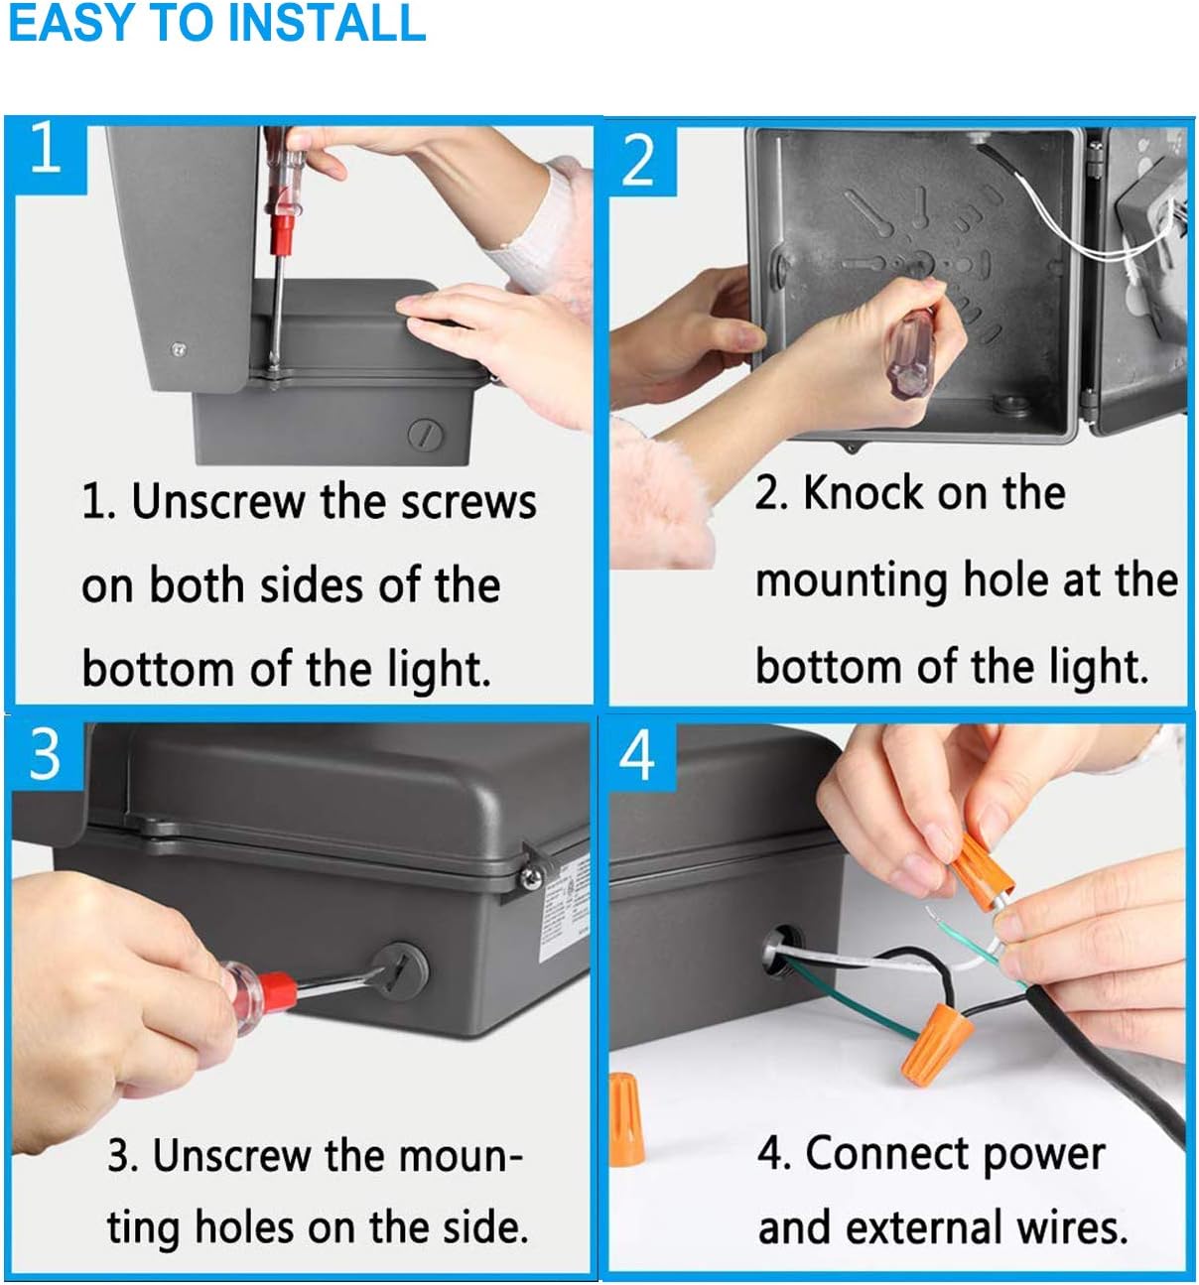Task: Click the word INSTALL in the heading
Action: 327,23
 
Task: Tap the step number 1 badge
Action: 47,154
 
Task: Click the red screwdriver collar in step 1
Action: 282,234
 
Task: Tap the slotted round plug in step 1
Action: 426,435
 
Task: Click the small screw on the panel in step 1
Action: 179,349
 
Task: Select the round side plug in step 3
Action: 400,971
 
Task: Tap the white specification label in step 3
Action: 564,907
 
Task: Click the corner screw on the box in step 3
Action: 532,877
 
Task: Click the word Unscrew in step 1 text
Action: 218,502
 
